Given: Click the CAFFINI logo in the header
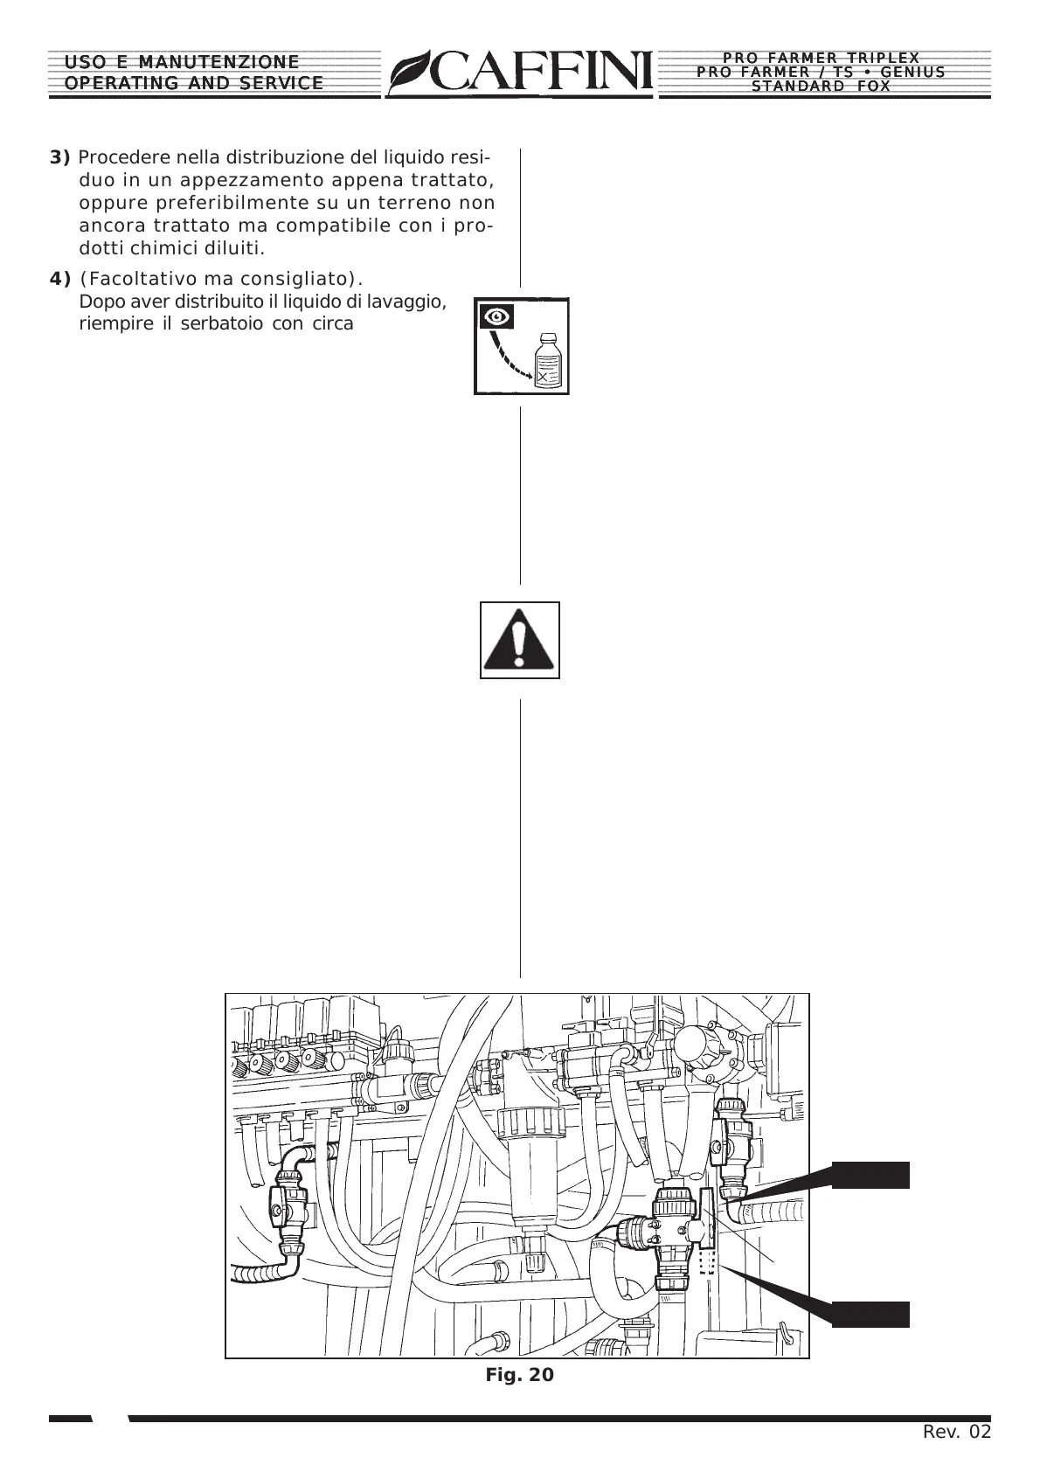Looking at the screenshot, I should [x=521, y=72].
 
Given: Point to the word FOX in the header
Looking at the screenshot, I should [x=873, y=87].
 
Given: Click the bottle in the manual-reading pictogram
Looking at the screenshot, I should [x=549, y=360].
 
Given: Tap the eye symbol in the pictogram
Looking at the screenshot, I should [x=496, y=316].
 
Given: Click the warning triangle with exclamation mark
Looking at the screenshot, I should [x=520, y=641].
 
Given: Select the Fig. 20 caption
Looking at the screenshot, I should [x=519, y=1375].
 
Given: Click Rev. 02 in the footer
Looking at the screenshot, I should [x=957, y=1432].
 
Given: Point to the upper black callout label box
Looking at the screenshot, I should [x=870, y=1176].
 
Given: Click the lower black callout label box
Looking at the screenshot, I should [x=870, y=1315].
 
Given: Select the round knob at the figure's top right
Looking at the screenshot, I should [x=696, y=1045].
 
